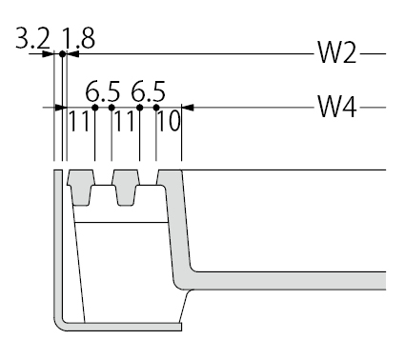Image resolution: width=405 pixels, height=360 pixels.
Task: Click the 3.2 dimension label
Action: pyautogui.click(x=33, y=39)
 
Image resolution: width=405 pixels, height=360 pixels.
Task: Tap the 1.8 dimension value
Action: pyautogui.click(x=78, y=39)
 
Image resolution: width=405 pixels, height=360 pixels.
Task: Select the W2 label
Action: pyautogui.click(x=337, y=52)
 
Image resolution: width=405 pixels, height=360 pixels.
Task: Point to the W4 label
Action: pyautogui.click(x=337, y=107)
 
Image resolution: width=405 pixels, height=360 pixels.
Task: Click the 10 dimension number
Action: pyautogui.click(x=169, y=121)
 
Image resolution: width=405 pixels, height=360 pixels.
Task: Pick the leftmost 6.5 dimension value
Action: pyautogui.click(x=103, y=91)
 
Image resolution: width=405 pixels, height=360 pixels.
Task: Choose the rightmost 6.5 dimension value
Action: pyautogui.click(x=149, y=91)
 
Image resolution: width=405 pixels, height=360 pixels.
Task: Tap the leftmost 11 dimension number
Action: pyautogui.click(x=78, y=121)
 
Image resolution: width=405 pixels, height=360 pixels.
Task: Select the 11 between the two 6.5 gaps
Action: pyautogui.click(x=125, y=121)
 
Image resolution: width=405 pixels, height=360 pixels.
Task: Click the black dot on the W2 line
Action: pyautogui.click(x=62, y=54)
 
